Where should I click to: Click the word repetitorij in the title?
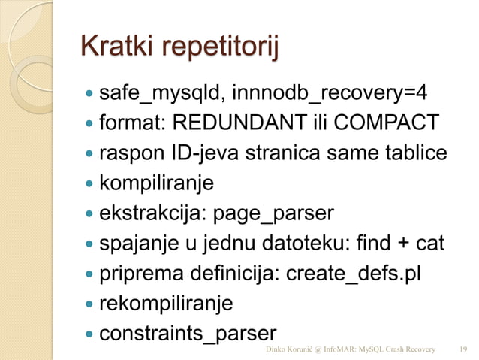point(215,52)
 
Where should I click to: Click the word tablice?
point(412,153)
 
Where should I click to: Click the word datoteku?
point(317,244)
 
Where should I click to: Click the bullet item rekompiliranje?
point(167,303)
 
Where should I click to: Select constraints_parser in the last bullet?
point(188,332)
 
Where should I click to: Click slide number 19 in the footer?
point(462,349)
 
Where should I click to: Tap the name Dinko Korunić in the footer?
point(294,349)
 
